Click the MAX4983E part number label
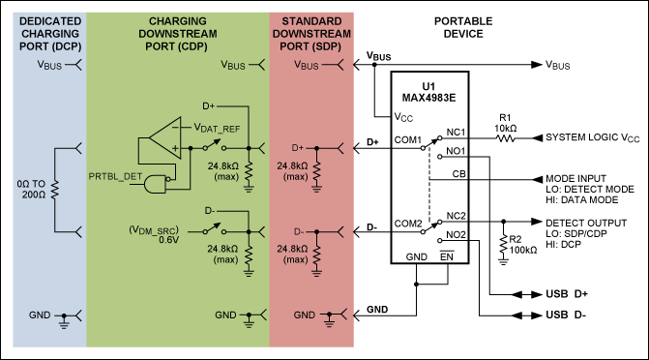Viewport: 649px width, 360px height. click(x=428, y=98)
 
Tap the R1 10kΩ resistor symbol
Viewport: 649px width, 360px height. click(x=506, y=138)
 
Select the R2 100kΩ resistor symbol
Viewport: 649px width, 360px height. click(x=503, y=245)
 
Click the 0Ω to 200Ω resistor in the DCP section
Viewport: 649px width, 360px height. click(x=54, y=190)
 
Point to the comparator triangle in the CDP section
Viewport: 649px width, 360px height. click(x=164, y=138)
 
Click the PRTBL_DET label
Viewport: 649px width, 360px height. click(x=115, y=176)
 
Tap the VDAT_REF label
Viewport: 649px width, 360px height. click(x=217, y=128)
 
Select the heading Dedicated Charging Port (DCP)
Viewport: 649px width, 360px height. click(x=50, y=34)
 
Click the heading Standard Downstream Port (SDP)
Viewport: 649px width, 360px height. click(x=311, y=34)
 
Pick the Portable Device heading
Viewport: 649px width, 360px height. click(x=463, y=27)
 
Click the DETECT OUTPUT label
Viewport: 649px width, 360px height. click(x=586, y=223)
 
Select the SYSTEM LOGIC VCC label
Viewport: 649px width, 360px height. click(x=593, y=137)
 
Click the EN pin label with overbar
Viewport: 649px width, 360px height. click(x=447, y=256)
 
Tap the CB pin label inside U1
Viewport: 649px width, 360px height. click(x=459, y=174)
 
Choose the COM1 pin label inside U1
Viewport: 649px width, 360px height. click(x=408, y=140)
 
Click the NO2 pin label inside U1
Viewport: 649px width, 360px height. click(x=456, y=235)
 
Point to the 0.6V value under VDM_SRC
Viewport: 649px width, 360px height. click(x=169, y=240)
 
